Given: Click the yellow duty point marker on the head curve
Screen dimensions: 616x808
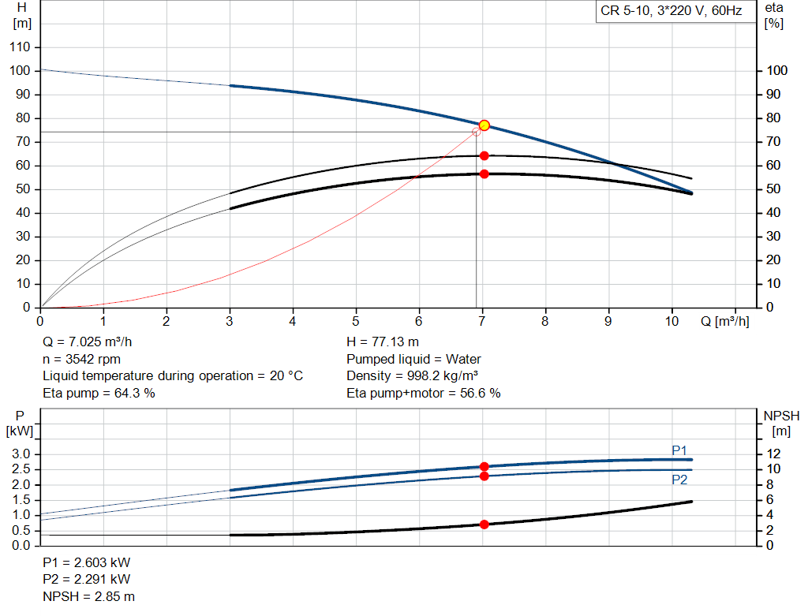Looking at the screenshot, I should [484, 125].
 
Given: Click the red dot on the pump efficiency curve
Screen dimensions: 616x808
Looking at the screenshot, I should [484, 155].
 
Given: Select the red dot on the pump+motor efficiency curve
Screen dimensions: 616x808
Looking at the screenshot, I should [484, 174].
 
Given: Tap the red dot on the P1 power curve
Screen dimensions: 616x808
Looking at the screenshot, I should [484, 467].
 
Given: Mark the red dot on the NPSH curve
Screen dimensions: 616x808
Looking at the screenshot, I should [484, 525].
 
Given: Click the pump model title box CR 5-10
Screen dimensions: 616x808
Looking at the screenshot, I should [671, 12].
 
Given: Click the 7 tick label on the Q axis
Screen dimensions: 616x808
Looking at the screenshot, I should [482, 321].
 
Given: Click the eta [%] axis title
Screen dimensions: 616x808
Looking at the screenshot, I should [774, 16].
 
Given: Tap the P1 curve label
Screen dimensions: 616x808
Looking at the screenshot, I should [679, 450].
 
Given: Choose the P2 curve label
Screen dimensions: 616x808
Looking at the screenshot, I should [679, 480].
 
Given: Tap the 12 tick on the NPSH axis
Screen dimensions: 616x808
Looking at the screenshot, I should [774, 454].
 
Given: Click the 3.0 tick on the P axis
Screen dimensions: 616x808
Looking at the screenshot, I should [21, 454].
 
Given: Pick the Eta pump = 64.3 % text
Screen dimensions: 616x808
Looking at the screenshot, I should [99, 393].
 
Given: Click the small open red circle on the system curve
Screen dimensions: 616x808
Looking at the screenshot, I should [476, 132].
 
